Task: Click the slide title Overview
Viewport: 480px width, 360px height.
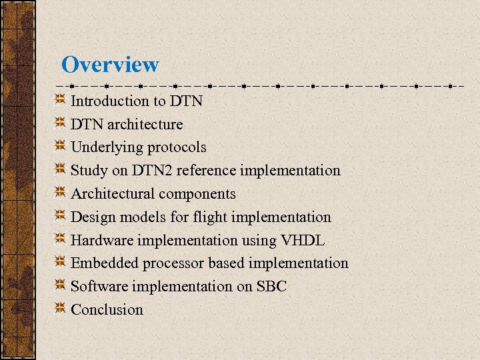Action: coord(110,65)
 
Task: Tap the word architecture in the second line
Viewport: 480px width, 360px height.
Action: coord(145,125)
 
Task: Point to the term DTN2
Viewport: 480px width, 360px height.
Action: coord(153,171)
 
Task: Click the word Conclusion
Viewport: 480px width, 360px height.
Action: coord(107,310)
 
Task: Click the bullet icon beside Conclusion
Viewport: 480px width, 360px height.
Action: coord(60,309)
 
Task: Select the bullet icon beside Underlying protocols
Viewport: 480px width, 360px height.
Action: coord(60,147)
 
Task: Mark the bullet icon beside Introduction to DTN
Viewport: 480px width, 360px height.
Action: coord(60,100)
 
